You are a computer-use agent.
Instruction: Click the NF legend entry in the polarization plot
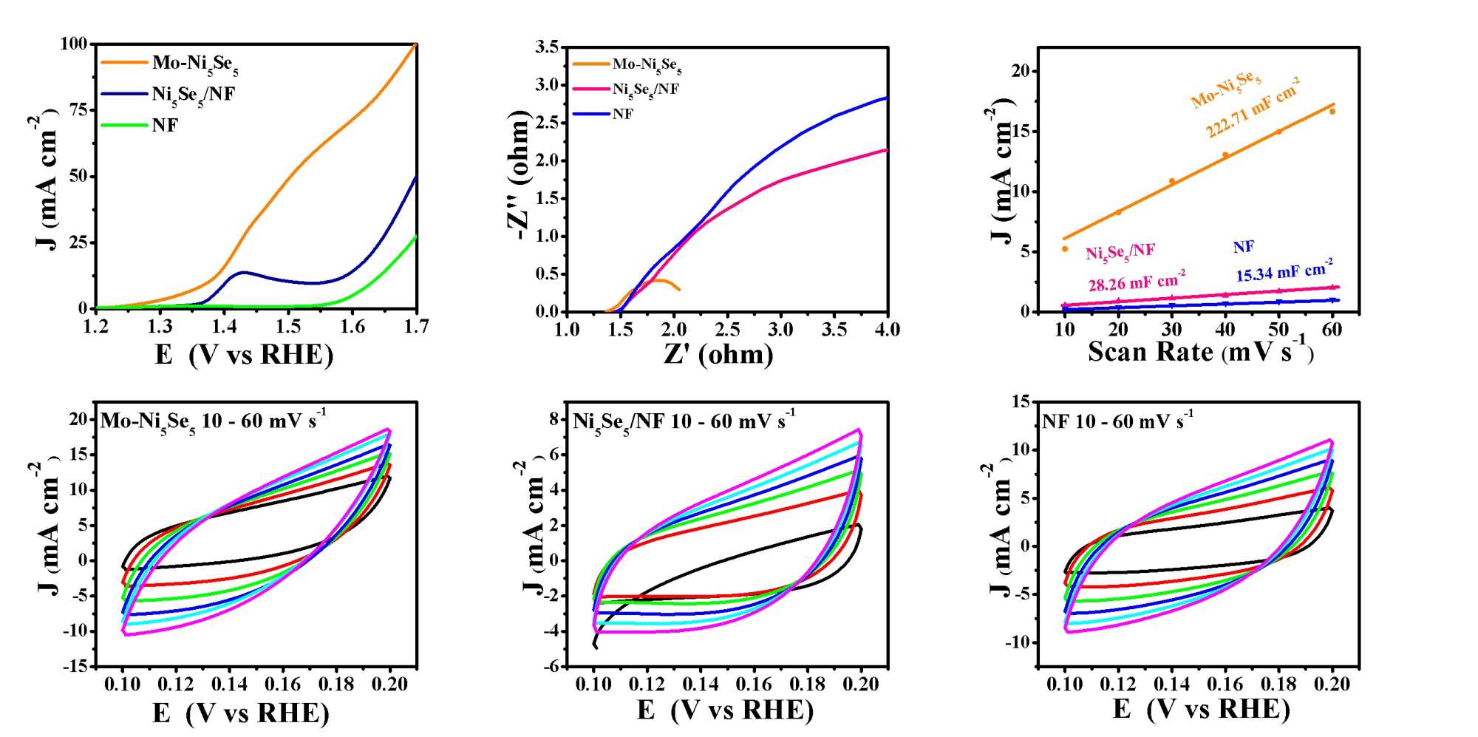[x=165, y=125]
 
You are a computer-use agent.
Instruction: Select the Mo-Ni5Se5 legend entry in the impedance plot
[x=647, y=65]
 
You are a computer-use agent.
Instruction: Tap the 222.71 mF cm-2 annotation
[x=1253, y=112]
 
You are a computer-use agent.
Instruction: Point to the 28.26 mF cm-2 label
[x=1137, y=282]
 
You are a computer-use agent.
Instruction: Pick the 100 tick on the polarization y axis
[x=73, y=44]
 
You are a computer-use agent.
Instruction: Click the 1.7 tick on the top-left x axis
[x=417, y=327]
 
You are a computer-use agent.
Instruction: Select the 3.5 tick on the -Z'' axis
[x=547, y=47]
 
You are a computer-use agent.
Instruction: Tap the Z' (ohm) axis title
[x=718, y=354]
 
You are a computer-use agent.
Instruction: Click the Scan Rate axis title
[x=1201, y=350]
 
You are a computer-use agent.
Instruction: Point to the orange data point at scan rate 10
[x=1065, y=249]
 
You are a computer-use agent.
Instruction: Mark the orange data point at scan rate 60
[x=1332, y=112]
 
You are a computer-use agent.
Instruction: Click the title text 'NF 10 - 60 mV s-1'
[x=1117, y=421]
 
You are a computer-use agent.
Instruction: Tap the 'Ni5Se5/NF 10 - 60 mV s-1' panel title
[x=684, y=421]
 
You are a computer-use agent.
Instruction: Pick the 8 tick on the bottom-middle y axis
[x=554, y=419]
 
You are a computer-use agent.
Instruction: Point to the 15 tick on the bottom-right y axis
[x=1021, y=401]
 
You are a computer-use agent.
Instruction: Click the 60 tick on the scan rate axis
[x=1332, y=330]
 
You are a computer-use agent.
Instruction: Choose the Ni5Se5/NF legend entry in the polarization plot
[x=193, y=94]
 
